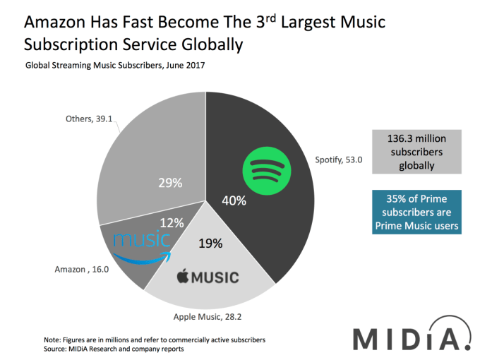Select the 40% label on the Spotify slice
pos(235,200)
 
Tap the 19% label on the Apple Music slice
pos(210,244)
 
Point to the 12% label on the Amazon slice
pos(172,223)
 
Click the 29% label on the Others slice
pos(169,184)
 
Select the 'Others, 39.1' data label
pos(78,119)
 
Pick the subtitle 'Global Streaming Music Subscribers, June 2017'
pos(115,66)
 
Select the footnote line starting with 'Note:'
pos(155,340)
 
